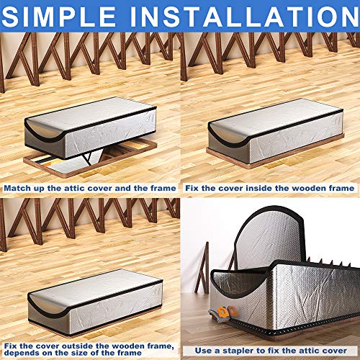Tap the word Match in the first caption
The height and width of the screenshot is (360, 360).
(20, 188)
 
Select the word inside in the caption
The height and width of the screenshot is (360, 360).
(261, 188)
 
